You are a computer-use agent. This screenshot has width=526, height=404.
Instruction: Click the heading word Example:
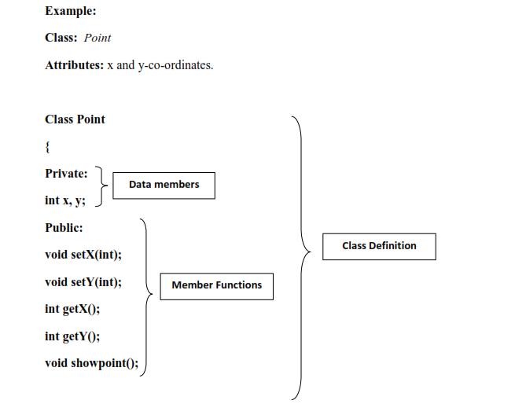coord(71,11)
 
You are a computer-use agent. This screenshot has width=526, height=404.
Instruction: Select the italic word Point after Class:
coord(97,38)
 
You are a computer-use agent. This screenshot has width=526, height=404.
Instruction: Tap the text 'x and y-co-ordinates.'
coord(164,64)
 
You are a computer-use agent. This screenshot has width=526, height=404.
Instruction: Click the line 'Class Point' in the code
coord(75,119)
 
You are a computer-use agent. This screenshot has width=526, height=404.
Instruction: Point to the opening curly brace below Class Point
coord(48,146)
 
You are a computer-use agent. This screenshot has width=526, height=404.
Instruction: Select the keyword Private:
coord(66,173)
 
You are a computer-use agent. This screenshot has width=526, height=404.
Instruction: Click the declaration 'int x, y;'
coord(65,200)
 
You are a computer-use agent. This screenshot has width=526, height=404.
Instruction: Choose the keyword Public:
coord(64,228)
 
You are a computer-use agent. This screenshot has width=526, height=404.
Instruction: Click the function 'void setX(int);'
coord(83,255)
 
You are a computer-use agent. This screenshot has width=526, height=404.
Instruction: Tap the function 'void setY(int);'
coord(83,282)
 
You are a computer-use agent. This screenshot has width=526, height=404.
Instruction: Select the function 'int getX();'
coord(72,309)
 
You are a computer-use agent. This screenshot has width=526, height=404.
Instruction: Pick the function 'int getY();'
coord(72,336)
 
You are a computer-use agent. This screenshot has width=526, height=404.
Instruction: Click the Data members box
coord(164,185)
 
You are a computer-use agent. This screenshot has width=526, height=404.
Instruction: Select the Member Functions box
coord(216,285)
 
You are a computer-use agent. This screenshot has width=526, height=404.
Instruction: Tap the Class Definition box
coord(379,246)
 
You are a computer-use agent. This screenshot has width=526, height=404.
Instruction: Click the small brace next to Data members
coord(101,186)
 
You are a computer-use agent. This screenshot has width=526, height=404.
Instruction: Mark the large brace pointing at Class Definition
coord(300,252)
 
